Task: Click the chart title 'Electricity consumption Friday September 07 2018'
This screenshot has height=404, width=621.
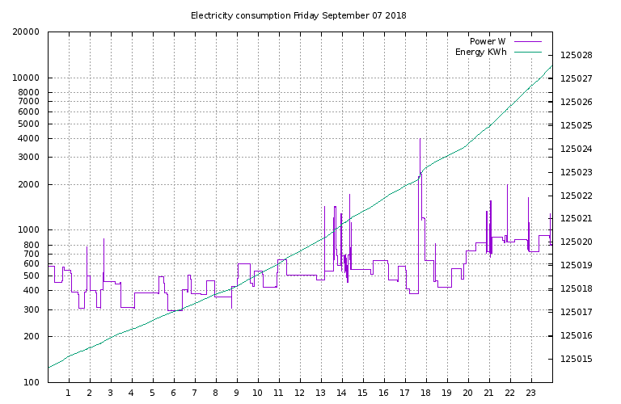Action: [x=298, y=15]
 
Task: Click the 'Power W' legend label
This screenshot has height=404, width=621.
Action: [x=488, y=41]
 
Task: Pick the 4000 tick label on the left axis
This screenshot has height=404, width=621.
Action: [x=29, y=139]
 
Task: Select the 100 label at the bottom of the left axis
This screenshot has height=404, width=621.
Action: [x=32, y=382]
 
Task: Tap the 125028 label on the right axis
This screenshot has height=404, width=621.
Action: [x=576, y=56]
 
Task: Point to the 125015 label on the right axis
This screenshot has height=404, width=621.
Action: [x=576, y=360]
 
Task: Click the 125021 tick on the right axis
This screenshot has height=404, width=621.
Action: [x=576, y=219]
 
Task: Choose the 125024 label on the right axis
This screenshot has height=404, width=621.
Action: [x=576, y=149]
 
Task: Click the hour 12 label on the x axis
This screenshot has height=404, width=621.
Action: [x=300, y=393]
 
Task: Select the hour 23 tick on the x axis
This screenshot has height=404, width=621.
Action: [x=531, y=393]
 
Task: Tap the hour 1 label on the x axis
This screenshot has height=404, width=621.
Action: [x=69, y=393]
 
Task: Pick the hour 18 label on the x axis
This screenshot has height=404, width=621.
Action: [x=426, y=393]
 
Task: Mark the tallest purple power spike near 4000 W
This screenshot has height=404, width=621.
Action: [x=420, y=141]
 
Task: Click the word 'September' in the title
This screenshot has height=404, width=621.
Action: [x=345, y=15]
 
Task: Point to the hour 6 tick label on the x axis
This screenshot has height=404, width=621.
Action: [x=174, y=393]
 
